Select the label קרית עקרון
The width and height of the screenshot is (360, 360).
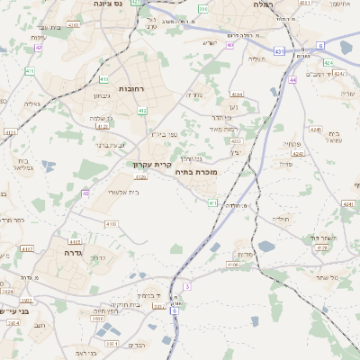125,165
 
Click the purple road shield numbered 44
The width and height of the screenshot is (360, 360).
293,80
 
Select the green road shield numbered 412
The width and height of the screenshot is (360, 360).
142,110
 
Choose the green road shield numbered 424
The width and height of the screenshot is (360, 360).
328,63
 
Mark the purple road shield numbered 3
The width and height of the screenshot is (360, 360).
187,286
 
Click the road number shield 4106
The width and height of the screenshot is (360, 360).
232,265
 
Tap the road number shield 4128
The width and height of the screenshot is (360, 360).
140,177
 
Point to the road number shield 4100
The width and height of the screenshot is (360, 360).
111,223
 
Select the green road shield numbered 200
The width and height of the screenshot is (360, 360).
203,9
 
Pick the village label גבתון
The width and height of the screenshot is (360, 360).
101,94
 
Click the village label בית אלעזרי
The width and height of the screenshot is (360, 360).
121,192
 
